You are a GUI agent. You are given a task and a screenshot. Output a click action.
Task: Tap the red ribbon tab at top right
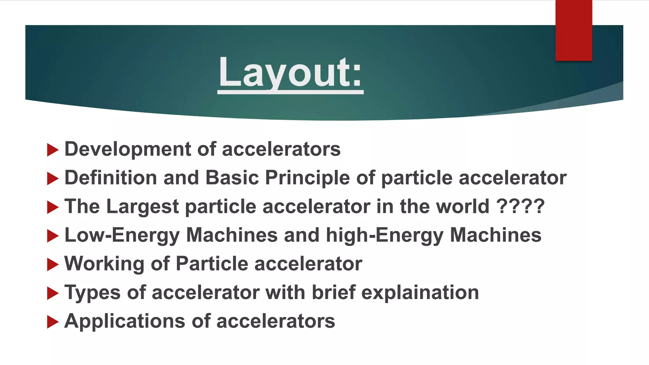(x=574, y=30)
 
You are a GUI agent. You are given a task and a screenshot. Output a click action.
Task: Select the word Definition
(x=111, y=177)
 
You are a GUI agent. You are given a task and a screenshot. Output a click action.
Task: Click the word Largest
(x=143, y=207)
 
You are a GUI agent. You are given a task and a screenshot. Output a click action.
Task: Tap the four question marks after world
(x=520, y=206)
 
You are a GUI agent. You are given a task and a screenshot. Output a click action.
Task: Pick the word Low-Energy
(x=122, y=235)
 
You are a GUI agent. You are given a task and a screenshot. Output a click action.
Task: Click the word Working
(x=104, y=264)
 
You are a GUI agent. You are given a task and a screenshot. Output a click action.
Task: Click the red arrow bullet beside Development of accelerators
(x=53, y=150)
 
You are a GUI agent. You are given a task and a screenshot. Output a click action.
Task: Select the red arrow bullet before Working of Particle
(x=53, y=265)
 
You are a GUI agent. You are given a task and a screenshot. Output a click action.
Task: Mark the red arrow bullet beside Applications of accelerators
(x=53, y=322)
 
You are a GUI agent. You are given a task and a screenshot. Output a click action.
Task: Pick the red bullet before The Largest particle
(x=53, y=207)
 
